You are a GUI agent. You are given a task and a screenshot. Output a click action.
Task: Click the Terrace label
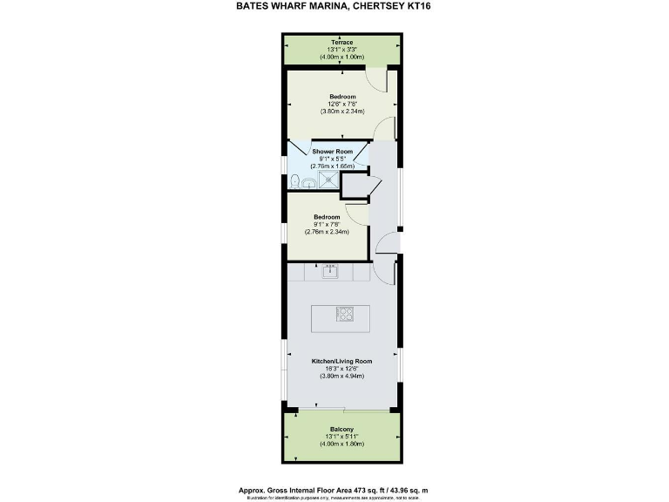pyautogui.click(x=341, y=41)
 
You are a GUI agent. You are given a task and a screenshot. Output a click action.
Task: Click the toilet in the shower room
pyautogui.click(x=297, y=180)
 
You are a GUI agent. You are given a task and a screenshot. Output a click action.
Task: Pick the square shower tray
pyautogui.click(x=328, y=179)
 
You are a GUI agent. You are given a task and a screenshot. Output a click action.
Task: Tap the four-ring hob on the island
pyautogui.click(x=345, y=314)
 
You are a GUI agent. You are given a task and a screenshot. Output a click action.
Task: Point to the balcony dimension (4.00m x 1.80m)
pyautogui.click(x=341, y=445)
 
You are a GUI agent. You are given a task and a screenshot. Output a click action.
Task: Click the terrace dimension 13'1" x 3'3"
pyautogui.click(x=341, y=49)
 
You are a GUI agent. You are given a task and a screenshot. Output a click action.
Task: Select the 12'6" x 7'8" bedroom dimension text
pyautogui.click(x=341, y=104)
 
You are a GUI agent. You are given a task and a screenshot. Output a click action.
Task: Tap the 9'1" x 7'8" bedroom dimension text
pyautogui.click(x=327, y=224)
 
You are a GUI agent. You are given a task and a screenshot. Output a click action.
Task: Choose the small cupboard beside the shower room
pyautogui.click(x=354, y=186)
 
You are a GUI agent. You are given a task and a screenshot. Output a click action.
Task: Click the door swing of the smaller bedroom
pyautogui.click(x=355, y=214)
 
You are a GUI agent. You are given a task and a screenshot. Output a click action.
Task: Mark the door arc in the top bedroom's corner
pyautogui.click(x=375, y=79)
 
